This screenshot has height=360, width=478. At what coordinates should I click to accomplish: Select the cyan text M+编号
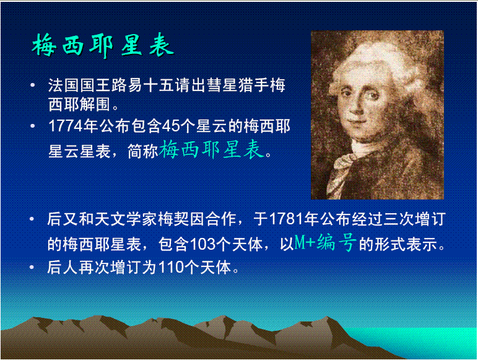[x=324, y=243]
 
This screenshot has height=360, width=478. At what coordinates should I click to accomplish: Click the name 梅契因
[x=185, y=219]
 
